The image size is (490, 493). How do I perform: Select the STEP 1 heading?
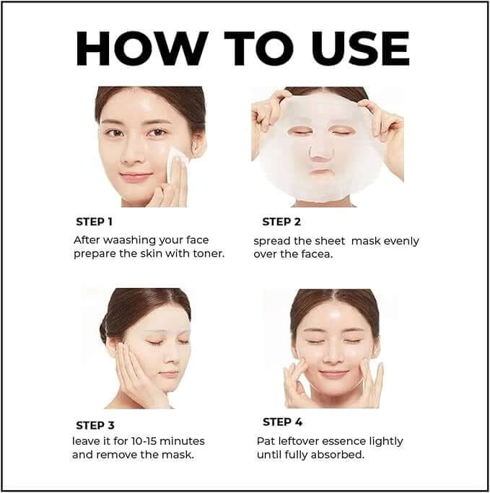pyautogui.click(x=95, y=222)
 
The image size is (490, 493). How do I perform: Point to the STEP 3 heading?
pyautogui.click(x=95, y=425)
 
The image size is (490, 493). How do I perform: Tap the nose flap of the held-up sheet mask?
pyautogui.click(x=318, y=150)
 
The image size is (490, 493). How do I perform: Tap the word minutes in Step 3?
pyautogui.click(x=184, y=441)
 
